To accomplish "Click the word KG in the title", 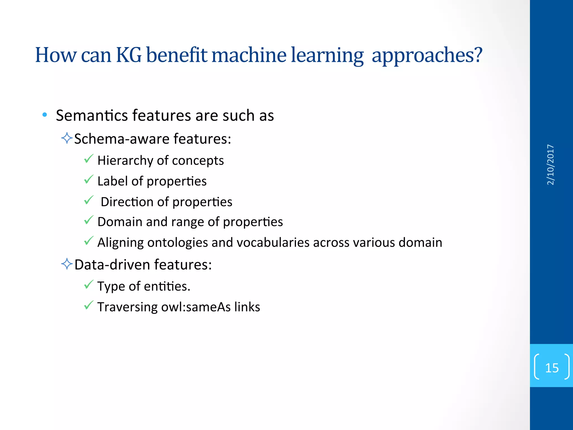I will coord(129,55).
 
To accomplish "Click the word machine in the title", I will coord(249,55).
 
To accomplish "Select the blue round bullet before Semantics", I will coord(44,115).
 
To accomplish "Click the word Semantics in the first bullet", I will coord(92,115).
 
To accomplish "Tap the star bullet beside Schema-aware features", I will coord(67,138).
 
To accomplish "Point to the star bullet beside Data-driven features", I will coord(67,264).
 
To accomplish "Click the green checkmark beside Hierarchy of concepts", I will coord(88,159).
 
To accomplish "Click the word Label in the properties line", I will coord(112,181).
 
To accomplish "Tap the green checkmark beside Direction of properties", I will coord(88,200).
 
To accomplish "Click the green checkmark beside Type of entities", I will coord(88,285).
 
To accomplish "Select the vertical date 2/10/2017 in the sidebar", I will coord(550,165).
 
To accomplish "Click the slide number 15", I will coord(551,368).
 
